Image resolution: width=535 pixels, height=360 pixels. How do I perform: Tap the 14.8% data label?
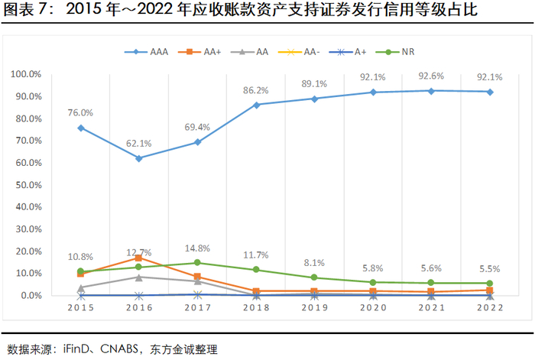point(197,248)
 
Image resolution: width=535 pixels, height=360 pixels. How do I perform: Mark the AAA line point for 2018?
point(256,105)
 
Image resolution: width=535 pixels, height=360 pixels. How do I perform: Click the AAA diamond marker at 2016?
point(139,158)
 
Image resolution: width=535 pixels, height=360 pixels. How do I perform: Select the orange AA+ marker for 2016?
point(139,258)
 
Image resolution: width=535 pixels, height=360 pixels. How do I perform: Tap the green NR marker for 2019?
point(315,277)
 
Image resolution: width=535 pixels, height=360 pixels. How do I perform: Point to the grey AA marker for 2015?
point(80,287)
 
